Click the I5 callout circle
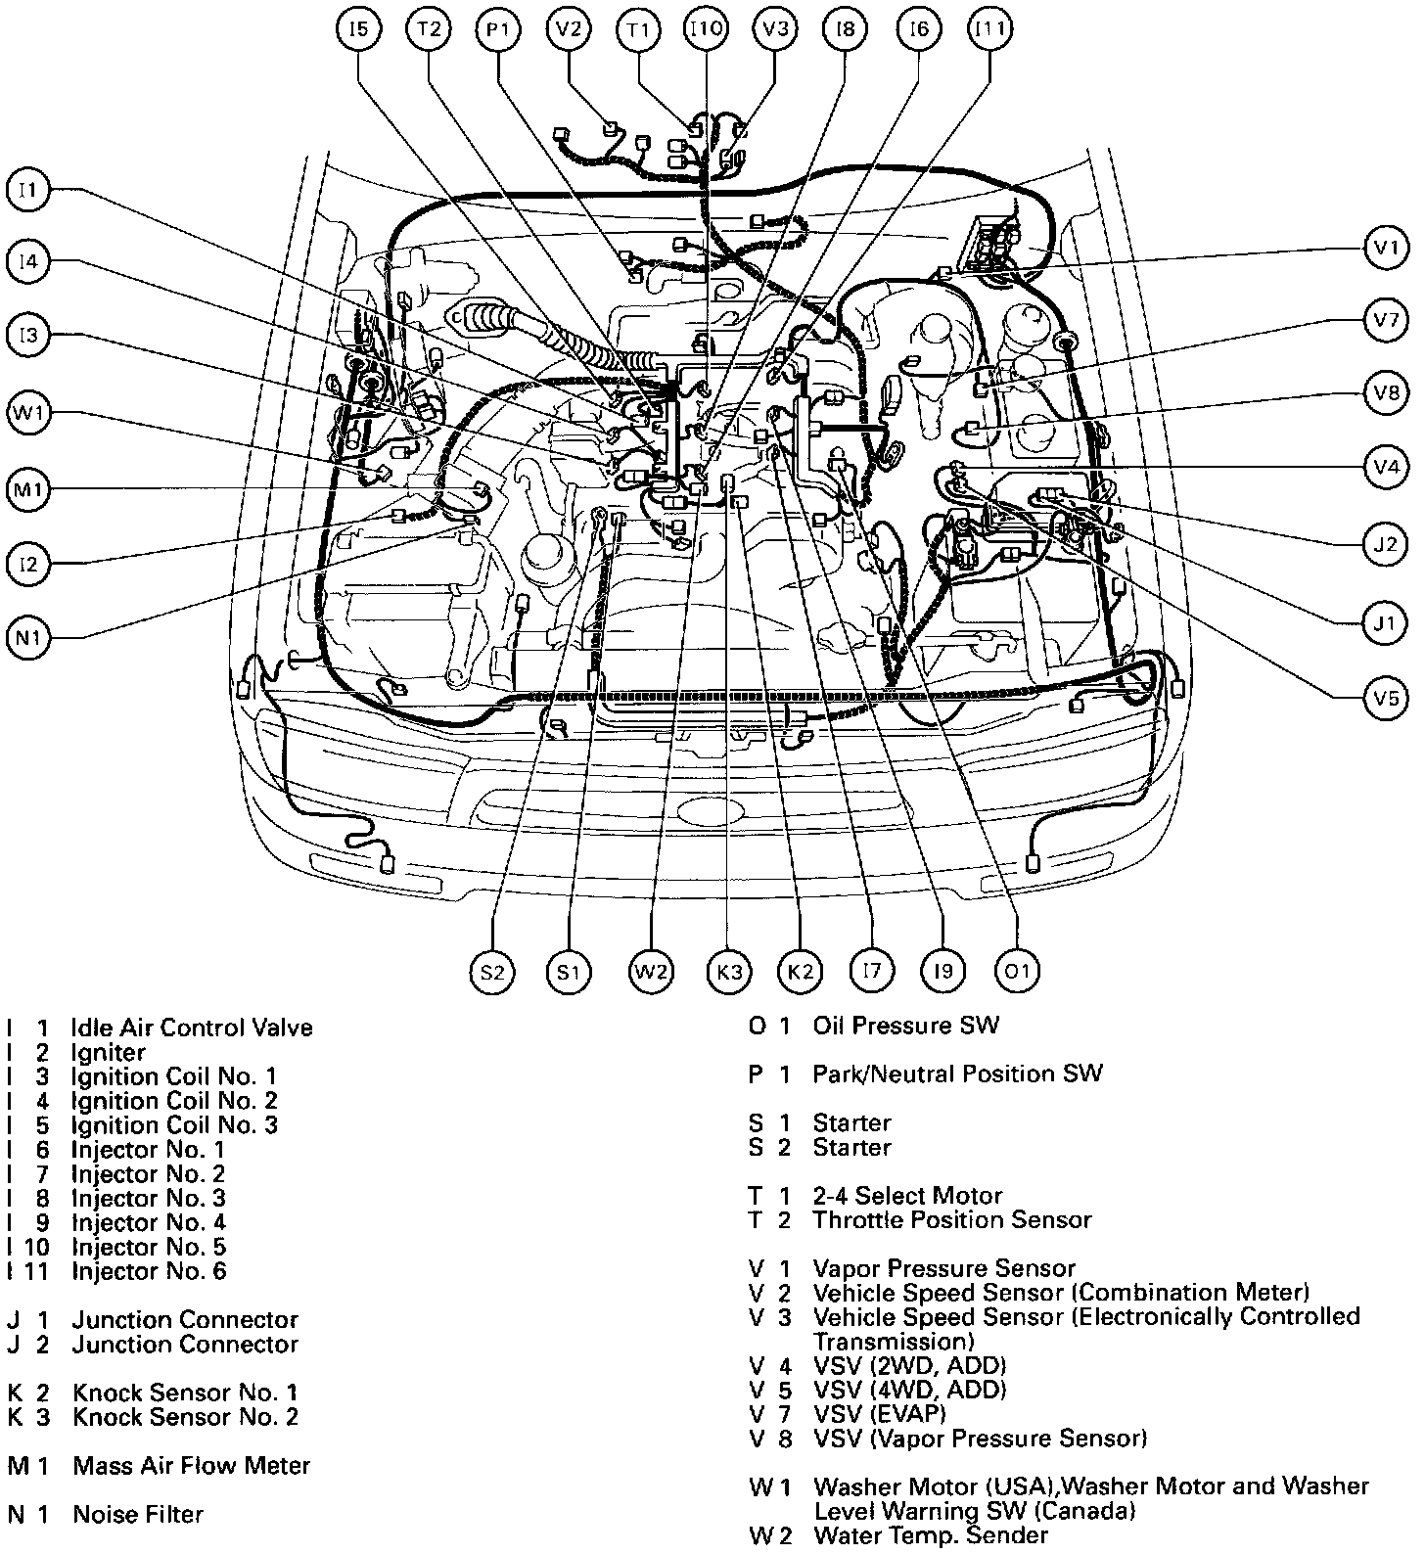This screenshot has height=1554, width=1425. (x=358, y=29)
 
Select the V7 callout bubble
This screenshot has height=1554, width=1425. (x=1386, y=319)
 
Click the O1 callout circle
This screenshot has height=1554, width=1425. (x=1017, y=971)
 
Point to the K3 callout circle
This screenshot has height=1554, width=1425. (x=729, y=972)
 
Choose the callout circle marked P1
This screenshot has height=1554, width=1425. (x=498, y=29)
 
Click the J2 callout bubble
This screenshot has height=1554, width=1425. (x=1386, y=543)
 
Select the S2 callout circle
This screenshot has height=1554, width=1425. (x=491, y=972)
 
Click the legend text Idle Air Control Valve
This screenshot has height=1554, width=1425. (x=192, y=1028)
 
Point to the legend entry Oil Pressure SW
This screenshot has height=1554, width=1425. (x=906, y=1026)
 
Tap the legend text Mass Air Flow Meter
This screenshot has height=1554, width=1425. (x=191, y=1465)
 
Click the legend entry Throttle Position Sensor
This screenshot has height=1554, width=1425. (x=951, y=1219)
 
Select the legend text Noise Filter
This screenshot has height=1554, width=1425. (x=138, y=1514)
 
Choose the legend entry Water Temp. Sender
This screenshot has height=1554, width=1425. (x=930, y=1535)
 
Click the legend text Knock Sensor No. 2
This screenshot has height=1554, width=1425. (x=185, y=1416)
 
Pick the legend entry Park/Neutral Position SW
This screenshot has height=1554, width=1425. (x=957, y=1074)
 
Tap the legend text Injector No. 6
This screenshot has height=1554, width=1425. (x=148, y=1271)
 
